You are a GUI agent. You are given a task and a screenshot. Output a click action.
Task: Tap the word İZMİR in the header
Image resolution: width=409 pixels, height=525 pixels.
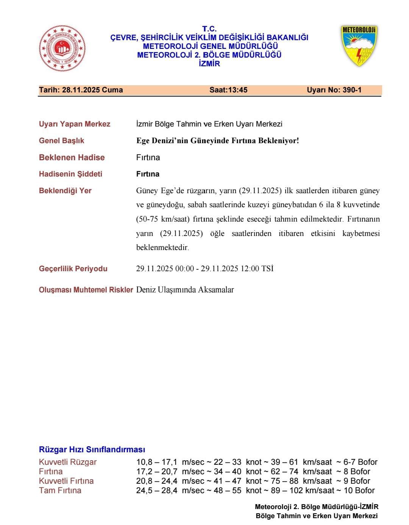click(209, 64)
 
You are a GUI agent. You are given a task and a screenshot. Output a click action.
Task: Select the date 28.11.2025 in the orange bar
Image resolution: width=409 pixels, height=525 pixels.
click(80, 90)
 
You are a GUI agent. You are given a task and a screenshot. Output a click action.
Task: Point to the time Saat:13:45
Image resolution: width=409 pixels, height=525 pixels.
click(228, 90)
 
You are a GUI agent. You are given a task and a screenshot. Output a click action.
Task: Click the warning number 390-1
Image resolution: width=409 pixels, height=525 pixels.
click(352, 90)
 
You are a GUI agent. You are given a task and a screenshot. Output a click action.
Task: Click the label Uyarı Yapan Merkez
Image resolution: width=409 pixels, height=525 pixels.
click(75, 124)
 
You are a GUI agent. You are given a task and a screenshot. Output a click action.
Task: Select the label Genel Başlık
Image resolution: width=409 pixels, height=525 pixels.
click(61, 141)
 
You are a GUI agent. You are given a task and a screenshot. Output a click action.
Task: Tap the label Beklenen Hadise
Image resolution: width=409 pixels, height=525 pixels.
click(72, 158)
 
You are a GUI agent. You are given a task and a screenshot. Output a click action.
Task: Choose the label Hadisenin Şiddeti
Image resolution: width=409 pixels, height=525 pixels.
click(70, 174)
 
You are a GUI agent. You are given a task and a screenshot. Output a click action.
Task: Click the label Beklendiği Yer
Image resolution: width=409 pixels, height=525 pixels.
click(65, 191)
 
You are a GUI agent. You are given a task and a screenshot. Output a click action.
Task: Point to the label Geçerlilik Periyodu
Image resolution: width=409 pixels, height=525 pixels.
click(73, 269)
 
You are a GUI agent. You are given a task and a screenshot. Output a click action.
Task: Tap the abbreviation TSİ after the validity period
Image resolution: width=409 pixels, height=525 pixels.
click(267, 269)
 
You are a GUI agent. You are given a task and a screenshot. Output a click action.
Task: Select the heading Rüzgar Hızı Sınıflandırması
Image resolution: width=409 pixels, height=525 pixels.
click(92, 450)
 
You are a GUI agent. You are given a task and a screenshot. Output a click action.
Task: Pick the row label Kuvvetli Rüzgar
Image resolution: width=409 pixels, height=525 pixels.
click(68, 462)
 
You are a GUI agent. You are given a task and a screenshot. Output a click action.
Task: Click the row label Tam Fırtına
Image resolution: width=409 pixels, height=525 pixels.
click(60, 491)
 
